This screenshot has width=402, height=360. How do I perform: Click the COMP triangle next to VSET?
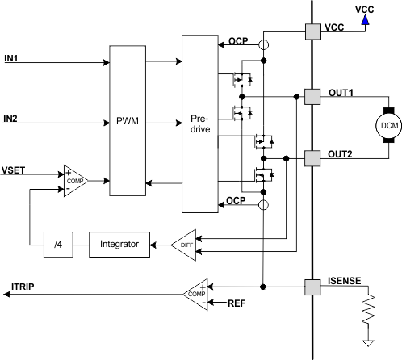73,182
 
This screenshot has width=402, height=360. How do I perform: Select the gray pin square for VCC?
312,31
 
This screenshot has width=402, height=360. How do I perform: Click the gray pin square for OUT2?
312,156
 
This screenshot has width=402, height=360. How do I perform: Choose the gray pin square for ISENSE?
312,286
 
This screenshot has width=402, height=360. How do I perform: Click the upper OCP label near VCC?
237,40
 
